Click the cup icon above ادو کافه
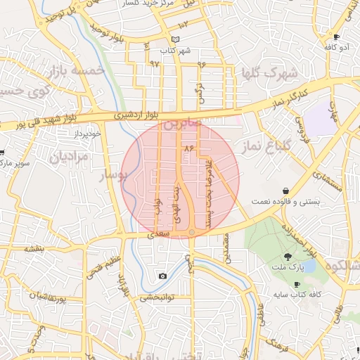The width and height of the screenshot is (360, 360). click(337, 37)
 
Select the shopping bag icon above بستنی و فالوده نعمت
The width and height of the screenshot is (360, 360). click(285, 191)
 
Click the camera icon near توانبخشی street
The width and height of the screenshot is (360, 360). click(163, 276)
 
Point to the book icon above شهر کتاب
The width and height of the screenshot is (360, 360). click(175, 39)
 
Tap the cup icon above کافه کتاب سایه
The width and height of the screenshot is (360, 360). click(297, 283)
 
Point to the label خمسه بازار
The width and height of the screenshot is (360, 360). click(78, 70)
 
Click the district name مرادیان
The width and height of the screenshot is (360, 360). click(70, 156)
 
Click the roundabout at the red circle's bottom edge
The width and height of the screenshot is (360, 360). click(191, 231)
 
